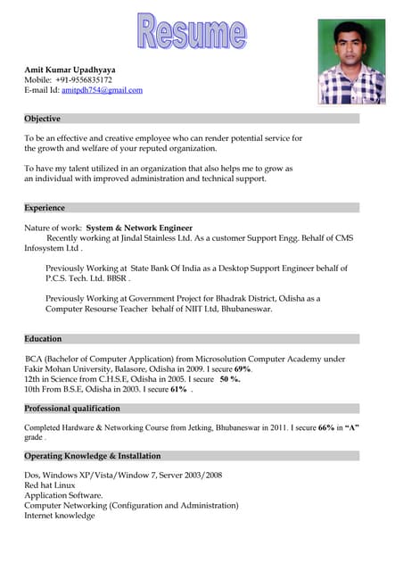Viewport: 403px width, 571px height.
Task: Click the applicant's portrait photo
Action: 351,62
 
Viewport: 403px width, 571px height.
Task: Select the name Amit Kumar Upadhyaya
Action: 70,69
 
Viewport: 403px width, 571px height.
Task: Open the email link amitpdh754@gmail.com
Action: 102,90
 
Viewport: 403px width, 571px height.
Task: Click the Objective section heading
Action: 42,119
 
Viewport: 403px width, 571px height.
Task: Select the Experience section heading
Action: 45,208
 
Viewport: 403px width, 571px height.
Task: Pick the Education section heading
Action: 43,339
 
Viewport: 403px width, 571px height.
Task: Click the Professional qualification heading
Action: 72,409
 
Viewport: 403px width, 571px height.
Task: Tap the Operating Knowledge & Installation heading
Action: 93,456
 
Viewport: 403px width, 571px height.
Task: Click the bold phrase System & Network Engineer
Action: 139,228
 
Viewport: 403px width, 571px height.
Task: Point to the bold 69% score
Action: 243,369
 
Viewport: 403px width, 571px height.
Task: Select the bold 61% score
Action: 178,389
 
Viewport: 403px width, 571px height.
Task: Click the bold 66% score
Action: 326,428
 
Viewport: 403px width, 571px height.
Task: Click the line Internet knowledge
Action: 59,516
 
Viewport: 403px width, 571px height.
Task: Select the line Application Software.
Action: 63,495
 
